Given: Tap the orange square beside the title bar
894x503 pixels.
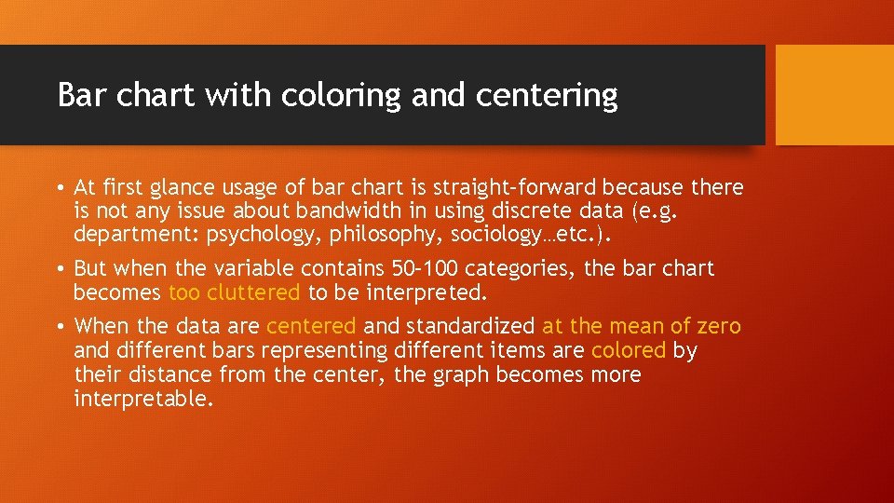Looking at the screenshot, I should point(833,95).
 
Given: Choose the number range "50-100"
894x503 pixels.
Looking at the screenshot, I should point(427,269).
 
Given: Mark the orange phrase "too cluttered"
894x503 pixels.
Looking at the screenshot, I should point(234,293).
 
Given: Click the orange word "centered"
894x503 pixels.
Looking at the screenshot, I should point(311,326).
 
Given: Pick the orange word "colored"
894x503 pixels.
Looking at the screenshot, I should point(629,350).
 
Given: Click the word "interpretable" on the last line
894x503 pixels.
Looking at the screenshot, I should point(143,399).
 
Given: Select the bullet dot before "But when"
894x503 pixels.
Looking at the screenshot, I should point(60,269).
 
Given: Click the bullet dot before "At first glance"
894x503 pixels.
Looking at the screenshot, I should point(60,188).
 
